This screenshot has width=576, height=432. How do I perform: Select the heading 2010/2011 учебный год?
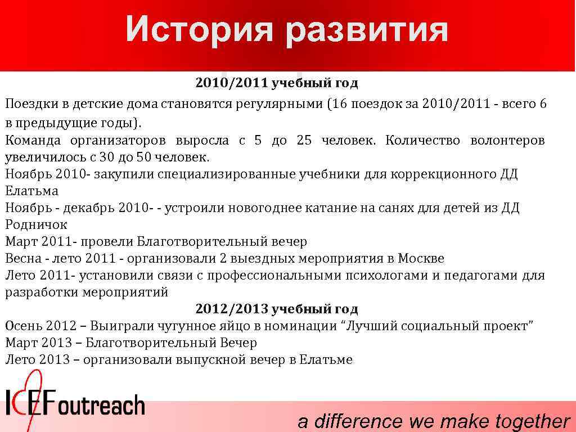click(276, 84)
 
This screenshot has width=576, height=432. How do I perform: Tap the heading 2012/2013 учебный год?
click(276, 309)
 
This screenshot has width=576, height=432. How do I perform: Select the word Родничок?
click(36, 225)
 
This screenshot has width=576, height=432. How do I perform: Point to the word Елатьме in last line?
click(326, 360)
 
